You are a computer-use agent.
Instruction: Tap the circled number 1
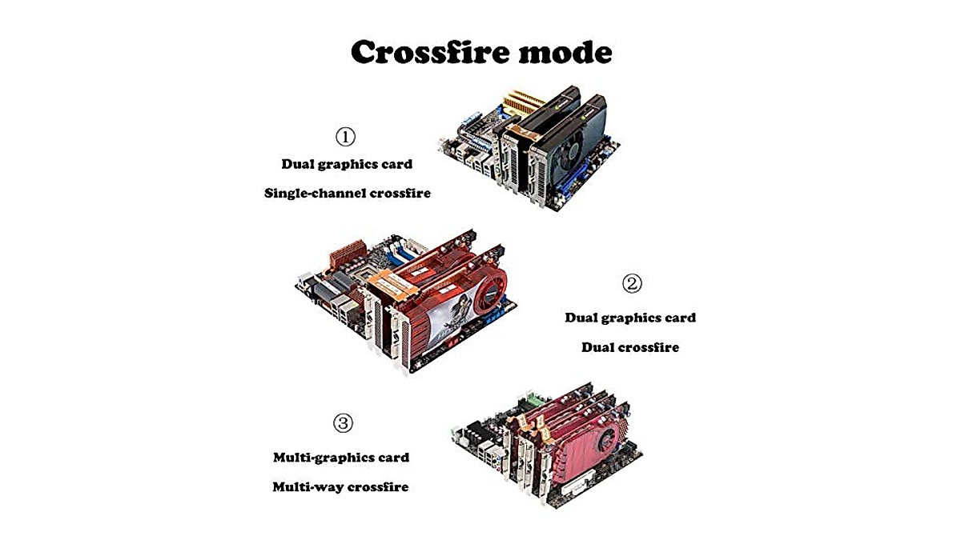345,137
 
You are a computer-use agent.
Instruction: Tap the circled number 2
632,283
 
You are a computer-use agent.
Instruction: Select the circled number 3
343,423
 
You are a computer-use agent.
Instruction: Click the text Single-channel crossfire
347,193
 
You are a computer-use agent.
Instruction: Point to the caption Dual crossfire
629,347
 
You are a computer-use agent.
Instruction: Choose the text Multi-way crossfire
340,486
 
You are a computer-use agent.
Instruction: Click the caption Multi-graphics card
341,458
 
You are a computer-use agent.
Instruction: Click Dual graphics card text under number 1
347,164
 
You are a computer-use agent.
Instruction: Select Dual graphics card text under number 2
630,318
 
